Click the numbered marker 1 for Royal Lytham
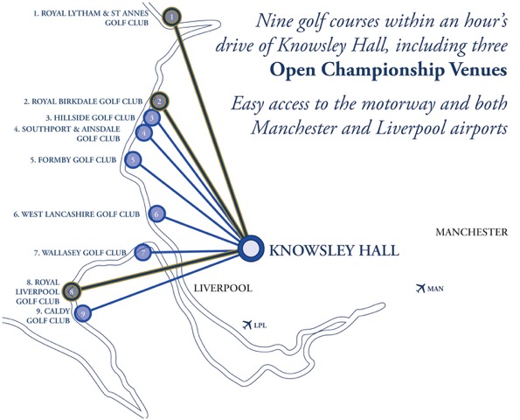(x=171, y=17)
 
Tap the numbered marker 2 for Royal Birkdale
(x=160, y=101)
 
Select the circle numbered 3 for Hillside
(x=152, y=117)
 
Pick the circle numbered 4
(x=144, y=133)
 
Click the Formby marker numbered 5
(x=133, y=160)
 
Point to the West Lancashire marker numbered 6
(x=156, y=214)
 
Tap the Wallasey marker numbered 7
(x=143, y=253)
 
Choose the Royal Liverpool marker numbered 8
(x=73, y=292)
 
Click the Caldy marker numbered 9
(x=82, y=313)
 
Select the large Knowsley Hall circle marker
(x=251, y=248)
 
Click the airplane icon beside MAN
(x=420, y=288)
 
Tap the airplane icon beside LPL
(x=247, y=325)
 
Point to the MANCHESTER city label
(x=471, y=232)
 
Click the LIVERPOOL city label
(x=223, y=288)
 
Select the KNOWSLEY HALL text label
(x=334, y=250)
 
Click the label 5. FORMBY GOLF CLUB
(x=73, y=160)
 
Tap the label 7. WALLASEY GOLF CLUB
(x=80, y=253)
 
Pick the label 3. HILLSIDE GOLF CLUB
(x=91, y=117)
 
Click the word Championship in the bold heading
(x=367, y=70)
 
